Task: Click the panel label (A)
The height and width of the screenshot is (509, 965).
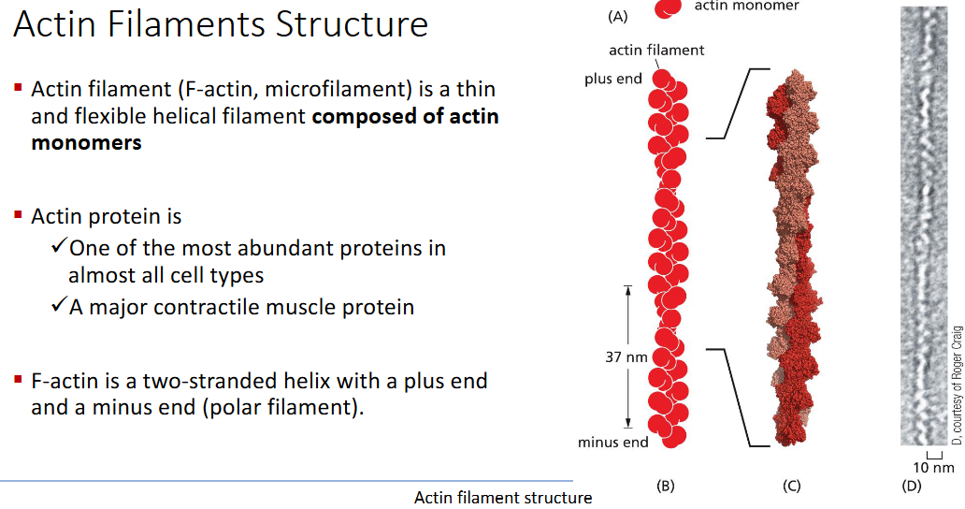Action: pyautogui.click(x=617, y=16)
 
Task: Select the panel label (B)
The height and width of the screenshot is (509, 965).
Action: pyautogui.click(x=666, y=486)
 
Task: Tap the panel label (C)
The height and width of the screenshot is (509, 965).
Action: pyautogui.click(x=791, y=486)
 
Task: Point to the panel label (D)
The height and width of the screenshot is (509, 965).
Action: pyautogui.click(x=911, y=486)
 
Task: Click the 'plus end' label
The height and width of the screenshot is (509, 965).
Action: pyautogui.click(x=613, y=79)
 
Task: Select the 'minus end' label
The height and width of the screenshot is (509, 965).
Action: pyautogui.click(x=612, y=442)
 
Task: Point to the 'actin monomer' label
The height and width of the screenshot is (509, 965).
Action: pyautogui.click(x=746, y=7)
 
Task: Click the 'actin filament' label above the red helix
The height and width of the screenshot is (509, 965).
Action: pyautogui.click(x=656, y=50)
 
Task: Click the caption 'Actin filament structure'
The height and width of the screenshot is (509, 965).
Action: pyautogui.click(x=503, y=498)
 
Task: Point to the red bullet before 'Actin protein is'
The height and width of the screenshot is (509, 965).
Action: pyautogui.click(x=18, y=215)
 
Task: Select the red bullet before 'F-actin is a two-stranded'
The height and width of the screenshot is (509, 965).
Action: pyautogui.click(x=18, y=380)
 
